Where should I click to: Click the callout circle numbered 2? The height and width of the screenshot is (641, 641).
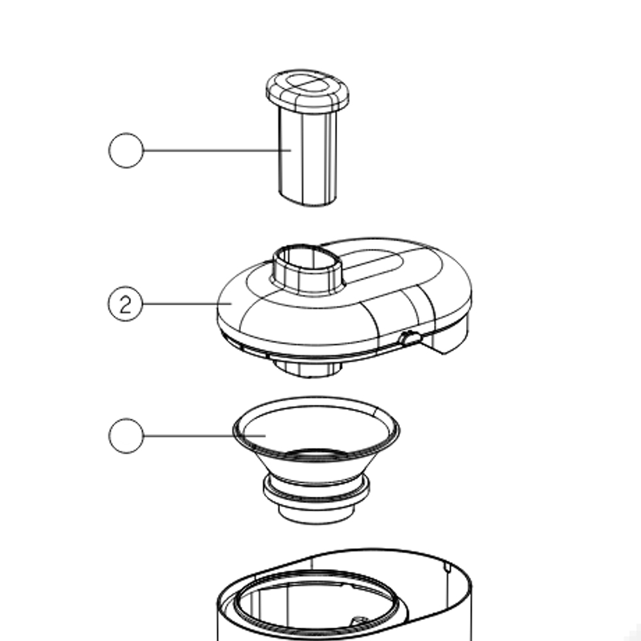[126, 304]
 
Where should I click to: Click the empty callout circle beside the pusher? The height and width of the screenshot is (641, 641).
[126, 150]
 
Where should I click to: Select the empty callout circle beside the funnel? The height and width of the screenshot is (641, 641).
[126, 435]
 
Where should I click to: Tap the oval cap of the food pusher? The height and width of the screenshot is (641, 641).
[308, 91]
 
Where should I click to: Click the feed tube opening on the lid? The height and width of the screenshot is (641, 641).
[308, 260]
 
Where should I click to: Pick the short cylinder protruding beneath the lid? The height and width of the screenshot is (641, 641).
[308, 369]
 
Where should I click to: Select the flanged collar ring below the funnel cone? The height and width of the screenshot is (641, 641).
[316, 491]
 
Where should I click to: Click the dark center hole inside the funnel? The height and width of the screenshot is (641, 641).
[315, 454]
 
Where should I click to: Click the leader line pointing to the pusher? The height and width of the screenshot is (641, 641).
[217, 150]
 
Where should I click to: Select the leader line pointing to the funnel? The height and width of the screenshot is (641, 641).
[204, 435]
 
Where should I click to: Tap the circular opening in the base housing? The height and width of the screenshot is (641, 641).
[315, 602]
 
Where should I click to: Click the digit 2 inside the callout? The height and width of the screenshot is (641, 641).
[126, 304]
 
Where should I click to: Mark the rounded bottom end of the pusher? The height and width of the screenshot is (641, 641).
[308, 199]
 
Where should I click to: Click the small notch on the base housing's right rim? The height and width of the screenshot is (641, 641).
[447, 567]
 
